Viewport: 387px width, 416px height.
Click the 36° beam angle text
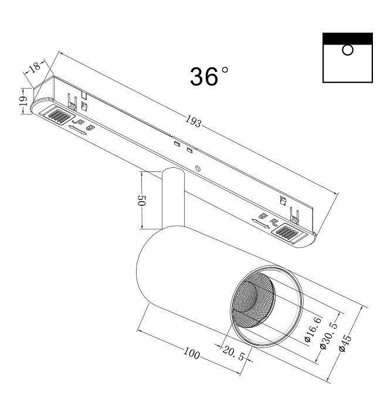pyautogui.click(x=209, y=77)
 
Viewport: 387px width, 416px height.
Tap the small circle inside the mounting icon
pyautogui.click(x=348, y=50)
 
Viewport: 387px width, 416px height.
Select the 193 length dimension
pyautogui.click(x=193, y=122)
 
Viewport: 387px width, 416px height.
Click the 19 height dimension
pyautogui.click(x=23, y=101)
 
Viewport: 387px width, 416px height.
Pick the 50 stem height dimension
pyautogui.click(x=142, y=201)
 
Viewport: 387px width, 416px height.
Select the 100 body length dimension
pyautogui.click(x=192, y=353)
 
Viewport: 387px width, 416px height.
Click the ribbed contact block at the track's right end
pyautogui.click(x=288, y=232)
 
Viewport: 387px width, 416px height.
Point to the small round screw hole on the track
pyautogui.click(x=198, y=169)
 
